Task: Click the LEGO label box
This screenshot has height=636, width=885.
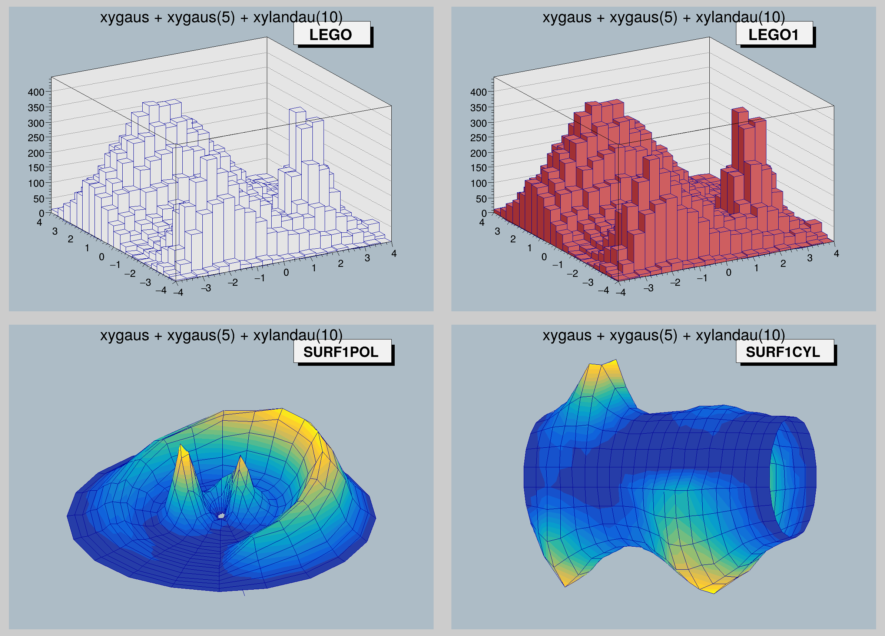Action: tap(332, 34)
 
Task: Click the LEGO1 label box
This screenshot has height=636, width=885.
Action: tap(774, 34)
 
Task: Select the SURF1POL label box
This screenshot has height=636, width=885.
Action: tap(342, 352)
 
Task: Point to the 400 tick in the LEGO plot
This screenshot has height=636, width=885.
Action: tap(36, 92)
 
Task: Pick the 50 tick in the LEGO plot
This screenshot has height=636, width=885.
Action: tap(39, 199)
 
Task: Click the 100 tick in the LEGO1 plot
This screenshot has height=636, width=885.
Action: tap(478, 183)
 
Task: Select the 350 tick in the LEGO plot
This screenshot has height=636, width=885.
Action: tap(36, 107)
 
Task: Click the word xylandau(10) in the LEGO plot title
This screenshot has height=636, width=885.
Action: tap(298, 17)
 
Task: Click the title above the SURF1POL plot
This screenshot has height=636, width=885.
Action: tap(221, 335)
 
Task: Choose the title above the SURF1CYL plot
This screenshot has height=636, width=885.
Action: tap(663, 335)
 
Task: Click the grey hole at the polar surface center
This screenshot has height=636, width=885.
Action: tap(221, 516)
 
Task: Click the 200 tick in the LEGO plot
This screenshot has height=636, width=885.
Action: tap(36, 153)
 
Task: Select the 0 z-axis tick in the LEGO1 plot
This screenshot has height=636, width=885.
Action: tap(484, 213)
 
